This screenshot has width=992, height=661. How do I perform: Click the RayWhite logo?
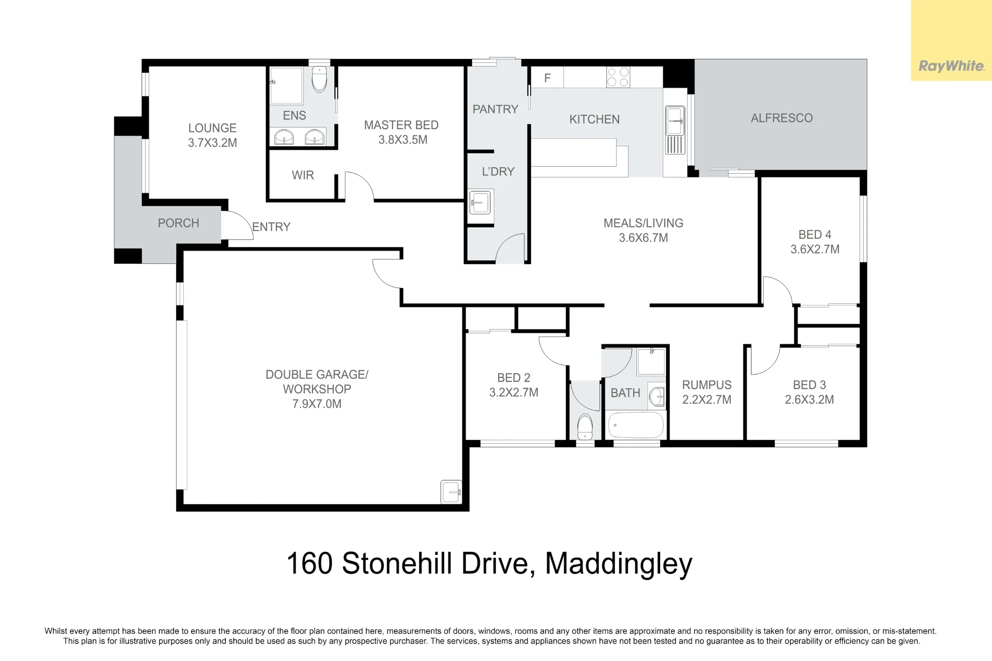tap(951, 66)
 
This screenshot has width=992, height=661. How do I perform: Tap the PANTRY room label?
tap(495, 109)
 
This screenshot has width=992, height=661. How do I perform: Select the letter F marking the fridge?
tap(548, 78)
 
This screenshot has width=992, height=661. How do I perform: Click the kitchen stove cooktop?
tap(618, 77)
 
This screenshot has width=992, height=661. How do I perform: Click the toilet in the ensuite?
tap(319, 79)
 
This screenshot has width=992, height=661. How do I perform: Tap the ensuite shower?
tap(286, 86)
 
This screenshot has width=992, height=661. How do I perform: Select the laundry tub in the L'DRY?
tap(480, 202)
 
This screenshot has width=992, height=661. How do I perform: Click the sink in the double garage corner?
tap(451, 491)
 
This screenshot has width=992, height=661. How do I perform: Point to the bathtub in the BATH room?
tap(636, 425)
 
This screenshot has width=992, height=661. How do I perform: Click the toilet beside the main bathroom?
tap(585, 426)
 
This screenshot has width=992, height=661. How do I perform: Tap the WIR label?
tap(303, 175)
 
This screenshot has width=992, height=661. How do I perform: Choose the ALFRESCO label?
tap(782, 118)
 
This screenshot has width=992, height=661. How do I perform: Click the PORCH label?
tap(179, 223)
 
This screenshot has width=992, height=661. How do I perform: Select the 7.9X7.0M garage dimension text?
tap(317, 404)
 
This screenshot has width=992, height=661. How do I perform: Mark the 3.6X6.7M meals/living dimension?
tap(643, 238)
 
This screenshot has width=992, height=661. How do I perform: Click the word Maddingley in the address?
tap(619, 564)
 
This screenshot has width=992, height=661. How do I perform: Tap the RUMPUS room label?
tap(707, 385)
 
